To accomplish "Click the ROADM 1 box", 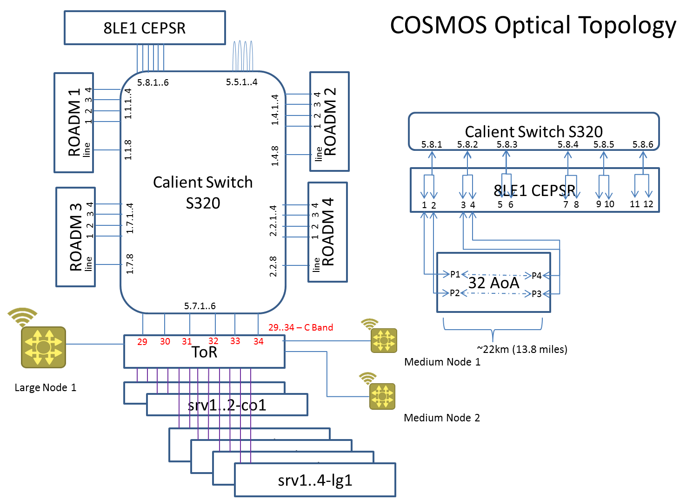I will coord(73,122).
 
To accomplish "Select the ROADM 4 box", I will coord(327,232).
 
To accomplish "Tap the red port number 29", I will coord(142,342).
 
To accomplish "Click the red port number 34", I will coord(259,341).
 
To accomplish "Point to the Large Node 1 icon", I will coord(43,347).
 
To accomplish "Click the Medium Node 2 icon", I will coord(382,396).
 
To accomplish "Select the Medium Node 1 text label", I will coord(442,362).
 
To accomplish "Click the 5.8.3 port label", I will coord(506,144).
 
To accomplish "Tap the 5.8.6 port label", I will coord(642,144).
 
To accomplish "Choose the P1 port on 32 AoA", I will coord(455,274).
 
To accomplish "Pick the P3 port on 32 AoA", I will coord(536,294).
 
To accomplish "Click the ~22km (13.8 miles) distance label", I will coord(522,349).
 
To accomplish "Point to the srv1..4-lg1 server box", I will coord(315,480).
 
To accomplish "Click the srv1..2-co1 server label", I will coord(227,405).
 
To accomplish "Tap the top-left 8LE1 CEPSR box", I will coord(145,28).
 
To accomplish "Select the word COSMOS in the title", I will coord(438,25).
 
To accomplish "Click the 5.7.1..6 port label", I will coord(200,306).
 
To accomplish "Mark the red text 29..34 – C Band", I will coord(300,327).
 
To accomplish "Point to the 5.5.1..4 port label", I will coord(241,82).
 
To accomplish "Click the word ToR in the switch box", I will coord(204,352).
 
